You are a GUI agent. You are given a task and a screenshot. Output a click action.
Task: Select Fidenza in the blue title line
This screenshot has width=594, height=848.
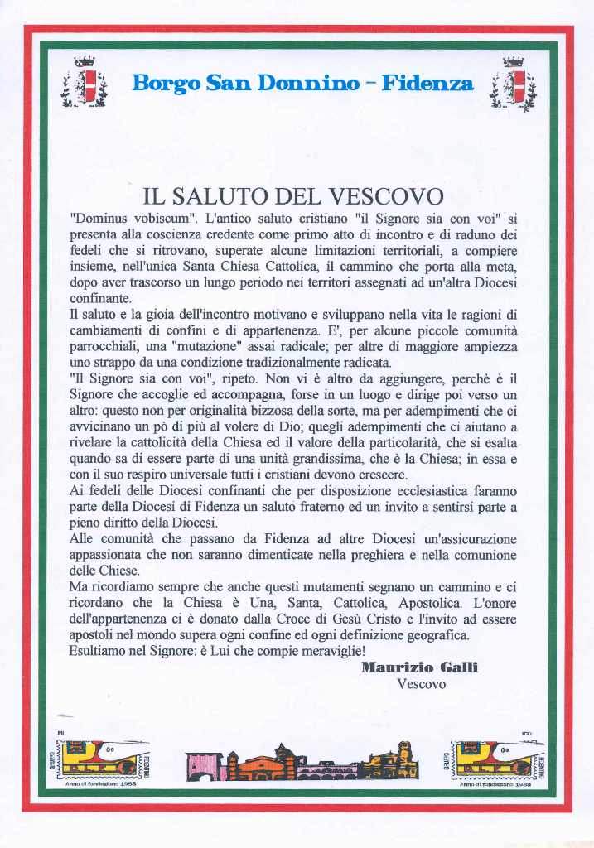click(x=427, y=84)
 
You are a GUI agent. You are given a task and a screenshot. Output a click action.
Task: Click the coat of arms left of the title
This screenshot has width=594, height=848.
click(x=84, y=83)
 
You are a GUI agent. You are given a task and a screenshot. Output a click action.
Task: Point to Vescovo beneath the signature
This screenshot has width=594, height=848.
click(x=422, y=684)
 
